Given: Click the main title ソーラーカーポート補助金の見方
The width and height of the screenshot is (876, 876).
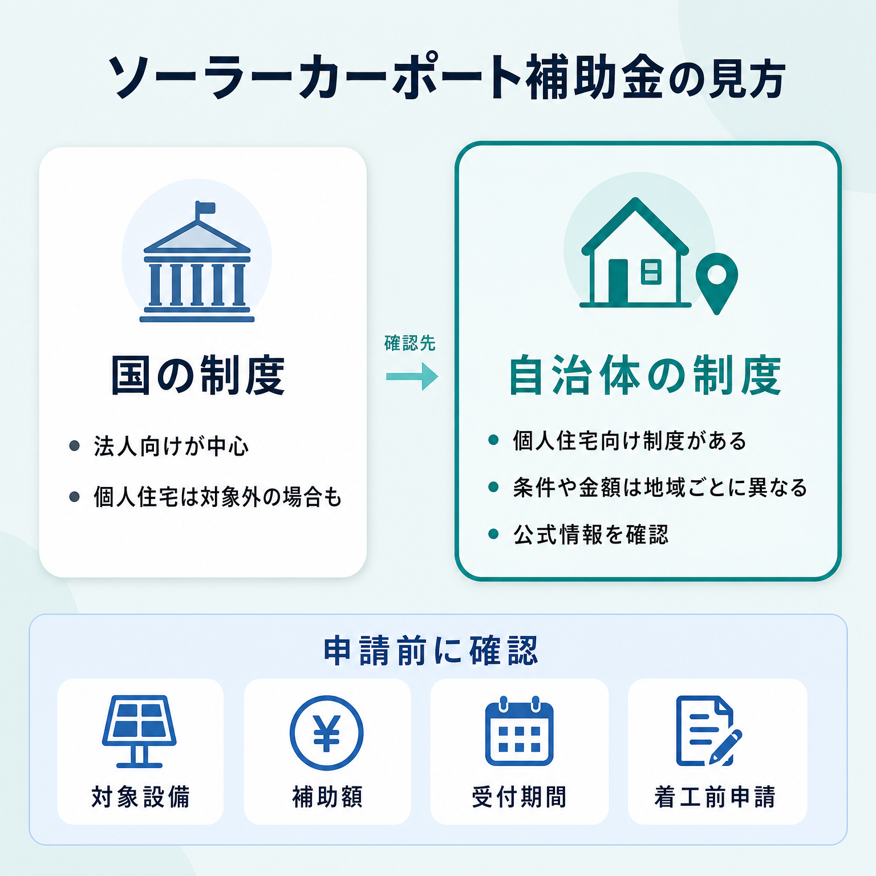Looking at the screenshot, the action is pos(447,77).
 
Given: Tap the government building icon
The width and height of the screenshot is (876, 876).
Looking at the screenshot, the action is pos(197,262).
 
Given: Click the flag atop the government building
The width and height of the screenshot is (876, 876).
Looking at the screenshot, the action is pos(205,208).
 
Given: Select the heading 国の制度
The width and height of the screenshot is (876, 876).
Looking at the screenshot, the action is pos(197,375).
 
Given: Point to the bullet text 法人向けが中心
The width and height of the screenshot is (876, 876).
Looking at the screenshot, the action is pos(171,446).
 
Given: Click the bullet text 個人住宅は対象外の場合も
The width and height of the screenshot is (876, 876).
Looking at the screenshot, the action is pos(217,497).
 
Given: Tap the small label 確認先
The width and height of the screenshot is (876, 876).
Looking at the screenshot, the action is pos(410,343).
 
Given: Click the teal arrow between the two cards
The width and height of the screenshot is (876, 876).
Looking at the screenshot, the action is pos(412,376).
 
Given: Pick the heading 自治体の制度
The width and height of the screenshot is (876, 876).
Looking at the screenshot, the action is pos(644,375).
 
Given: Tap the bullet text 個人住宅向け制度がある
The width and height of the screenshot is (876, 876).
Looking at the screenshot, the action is pos(630,441).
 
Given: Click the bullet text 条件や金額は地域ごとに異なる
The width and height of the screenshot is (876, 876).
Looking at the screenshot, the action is pos(660,488).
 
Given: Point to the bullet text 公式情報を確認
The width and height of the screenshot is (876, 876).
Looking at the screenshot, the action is pos(590,534).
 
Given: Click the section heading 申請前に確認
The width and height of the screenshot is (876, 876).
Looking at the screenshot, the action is pos(431,651).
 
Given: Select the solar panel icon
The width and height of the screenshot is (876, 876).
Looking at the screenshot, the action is pos(139,731).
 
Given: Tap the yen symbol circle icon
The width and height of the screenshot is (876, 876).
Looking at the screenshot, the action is pos(327,733).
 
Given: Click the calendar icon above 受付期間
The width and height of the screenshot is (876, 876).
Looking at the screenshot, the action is pos(519,731).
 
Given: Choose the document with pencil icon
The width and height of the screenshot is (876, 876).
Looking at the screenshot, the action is pos(709,731).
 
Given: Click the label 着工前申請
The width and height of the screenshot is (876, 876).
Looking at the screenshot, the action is pos(715,797).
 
